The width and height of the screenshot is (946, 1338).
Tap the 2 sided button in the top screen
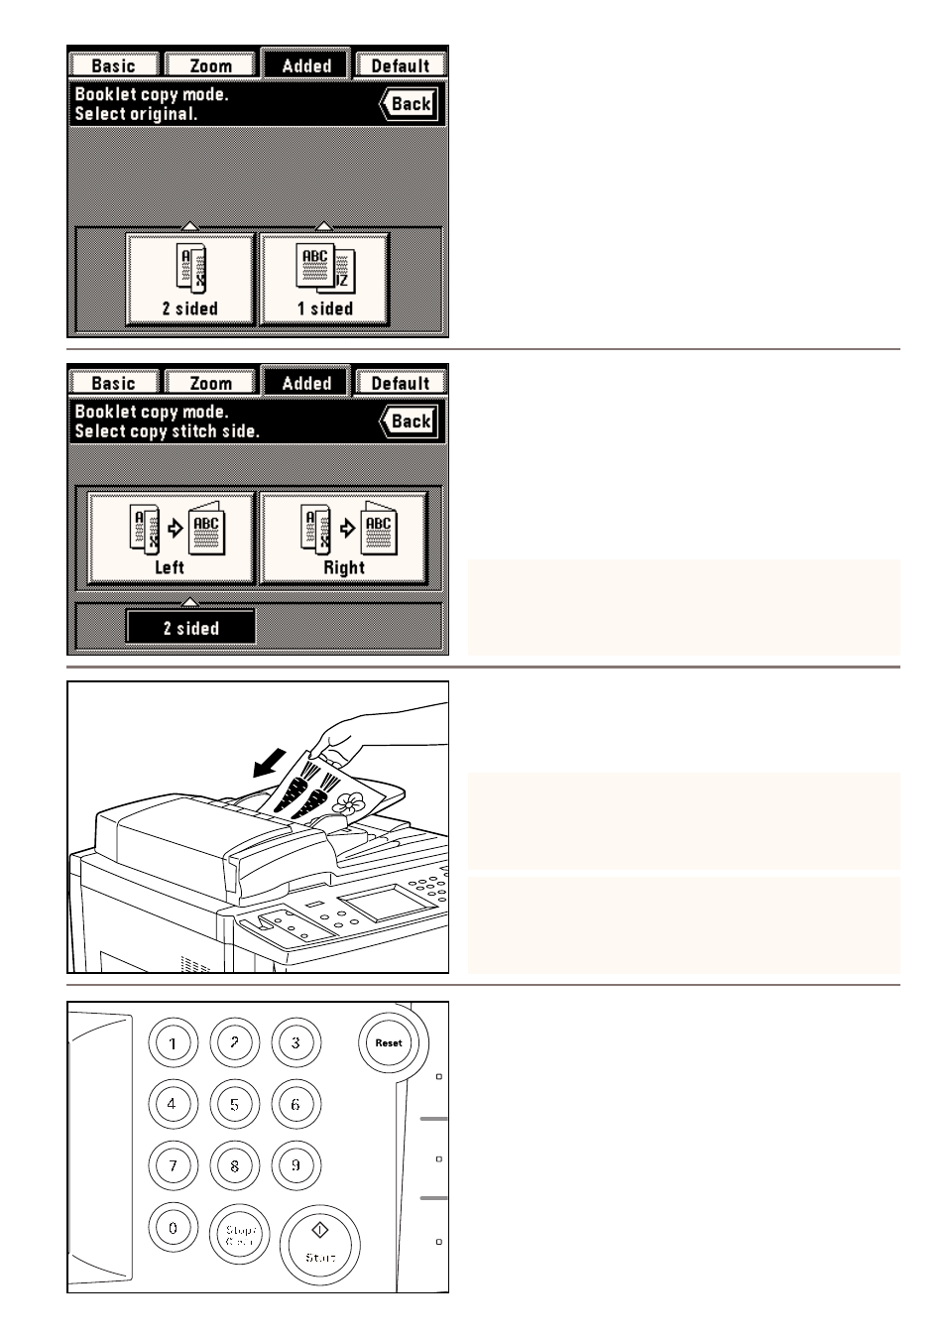[x=189, y=280]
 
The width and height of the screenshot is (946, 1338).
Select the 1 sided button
[x=324, y=280]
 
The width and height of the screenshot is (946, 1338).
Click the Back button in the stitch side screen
[x=411, y=422]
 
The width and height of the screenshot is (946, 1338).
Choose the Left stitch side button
[x=171, y=540]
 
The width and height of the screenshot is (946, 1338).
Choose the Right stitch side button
[x=343, y=540]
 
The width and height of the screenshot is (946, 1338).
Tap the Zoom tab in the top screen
[x=210, y=65]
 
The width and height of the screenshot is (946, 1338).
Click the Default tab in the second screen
[x=400, y=383]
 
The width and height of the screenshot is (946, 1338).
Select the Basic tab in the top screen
[x=113, y=65]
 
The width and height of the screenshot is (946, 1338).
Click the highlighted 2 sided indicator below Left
[x=190, y=628]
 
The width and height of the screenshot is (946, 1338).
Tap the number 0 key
[x=174, y=1228]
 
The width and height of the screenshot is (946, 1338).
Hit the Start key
[x=319, y=1244]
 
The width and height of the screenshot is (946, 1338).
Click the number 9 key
[x=296, y=1165]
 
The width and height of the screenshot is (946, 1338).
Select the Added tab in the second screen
[x=306, y=383]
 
